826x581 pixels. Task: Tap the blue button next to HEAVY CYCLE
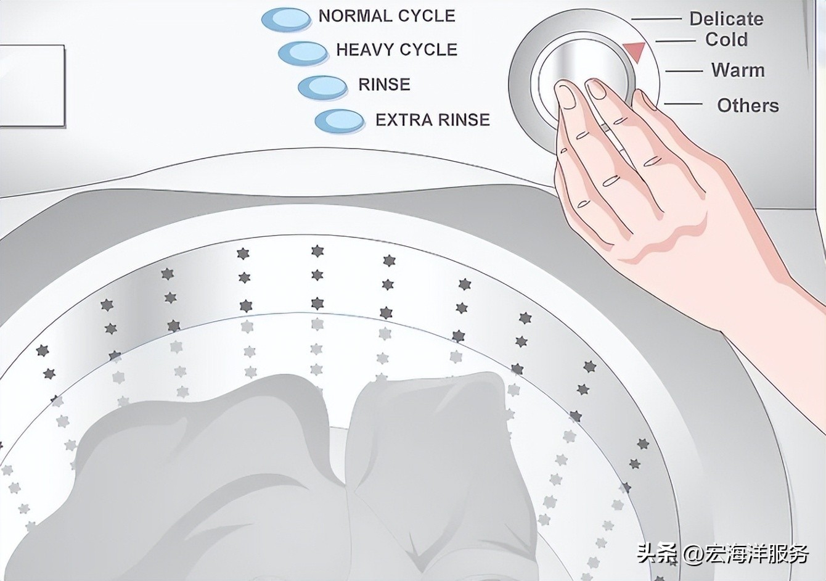[x=303, y=54]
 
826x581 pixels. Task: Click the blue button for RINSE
[x=322, y=88]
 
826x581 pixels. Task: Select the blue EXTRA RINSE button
[x=340, y=122]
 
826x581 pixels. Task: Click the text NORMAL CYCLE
[x=387, y=16]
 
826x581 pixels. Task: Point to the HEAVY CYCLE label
[x=397, y=50]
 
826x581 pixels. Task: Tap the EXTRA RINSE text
[x=433, y=120]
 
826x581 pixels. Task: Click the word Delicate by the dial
[x=726, y=19]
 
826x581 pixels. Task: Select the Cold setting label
[x=726, y=39]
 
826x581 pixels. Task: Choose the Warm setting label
[x=738, y=70]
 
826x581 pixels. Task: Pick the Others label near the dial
[x=748, y=105]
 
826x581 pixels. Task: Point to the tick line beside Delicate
[x=656, y=19]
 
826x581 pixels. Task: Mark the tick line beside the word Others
[x=683, y=104]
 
